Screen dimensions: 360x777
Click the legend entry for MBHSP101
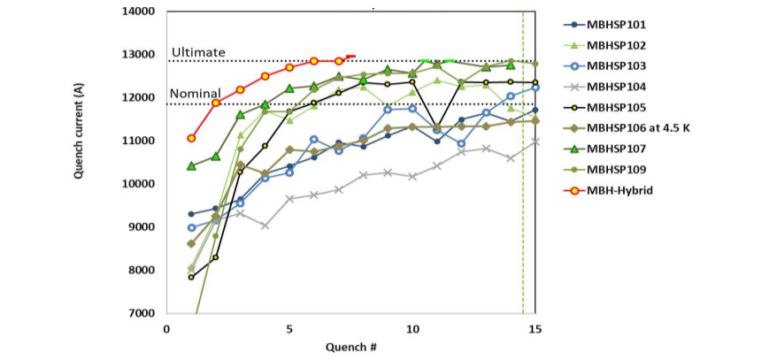tap(616, 25)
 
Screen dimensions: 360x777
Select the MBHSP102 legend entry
tap(616, 45)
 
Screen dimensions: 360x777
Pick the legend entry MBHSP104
tap(616, 87)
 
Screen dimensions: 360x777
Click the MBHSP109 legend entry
tap(616, 169)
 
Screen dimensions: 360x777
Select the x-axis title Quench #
tap(350, 347)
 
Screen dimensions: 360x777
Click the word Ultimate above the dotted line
tap(198, 53)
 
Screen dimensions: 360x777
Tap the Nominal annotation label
tap(196, 95)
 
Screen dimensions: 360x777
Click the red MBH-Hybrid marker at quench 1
tap(191, 138)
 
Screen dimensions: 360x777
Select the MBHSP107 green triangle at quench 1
tap(191, 165)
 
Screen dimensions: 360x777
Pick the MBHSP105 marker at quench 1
tap(191, 277)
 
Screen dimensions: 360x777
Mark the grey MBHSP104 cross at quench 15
tap(535, 142)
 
